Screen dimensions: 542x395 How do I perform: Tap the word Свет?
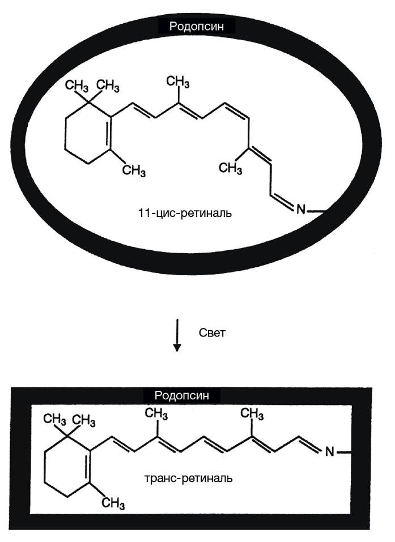point(213,332)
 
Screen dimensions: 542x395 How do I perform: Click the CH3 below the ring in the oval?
point(134,169)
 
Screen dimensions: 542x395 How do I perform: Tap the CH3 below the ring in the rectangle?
point(113,502)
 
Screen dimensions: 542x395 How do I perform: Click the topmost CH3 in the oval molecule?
point(178,83)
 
